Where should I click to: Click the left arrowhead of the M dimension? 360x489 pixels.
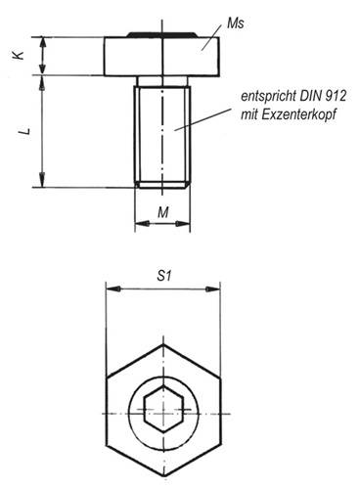[138, 224]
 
